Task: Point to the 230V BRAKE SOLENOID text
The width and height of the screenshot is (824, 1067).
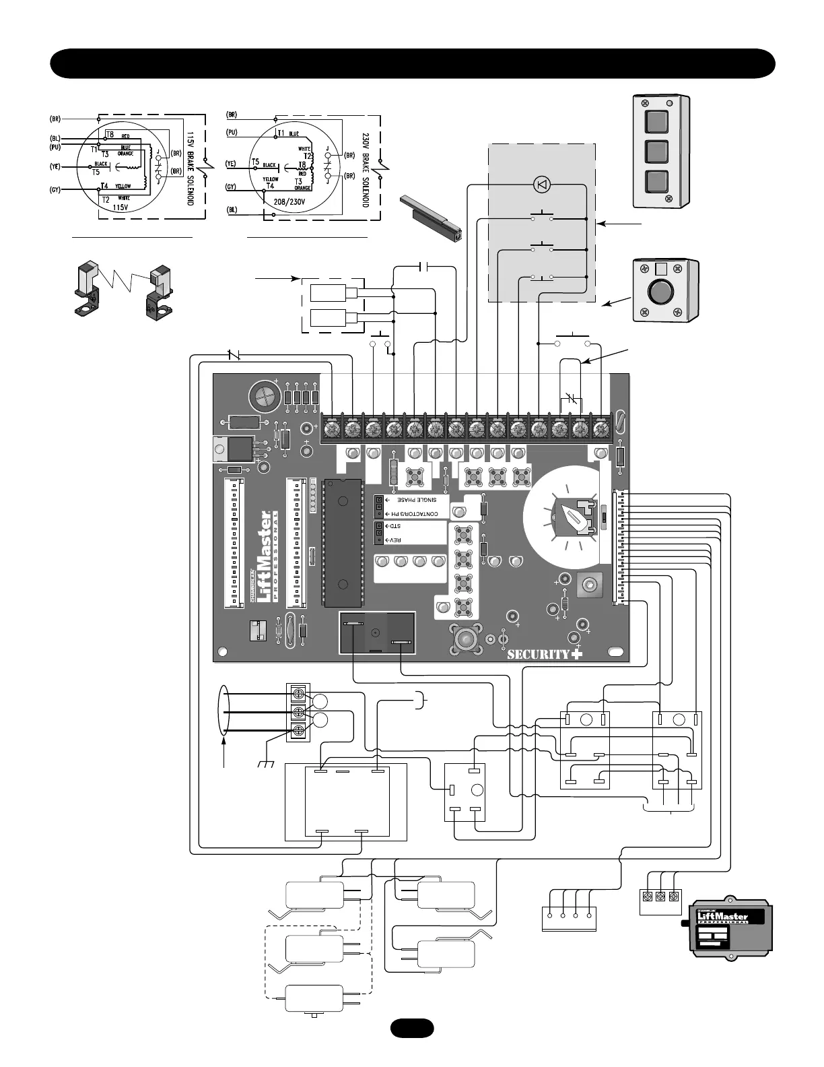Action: coord(366,168)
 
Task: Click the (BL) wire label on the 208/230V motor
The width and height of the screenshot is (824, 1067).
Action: coord(232,209)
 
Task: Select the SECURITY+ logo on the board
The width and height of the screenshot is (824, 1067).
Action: coord(544,653)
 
